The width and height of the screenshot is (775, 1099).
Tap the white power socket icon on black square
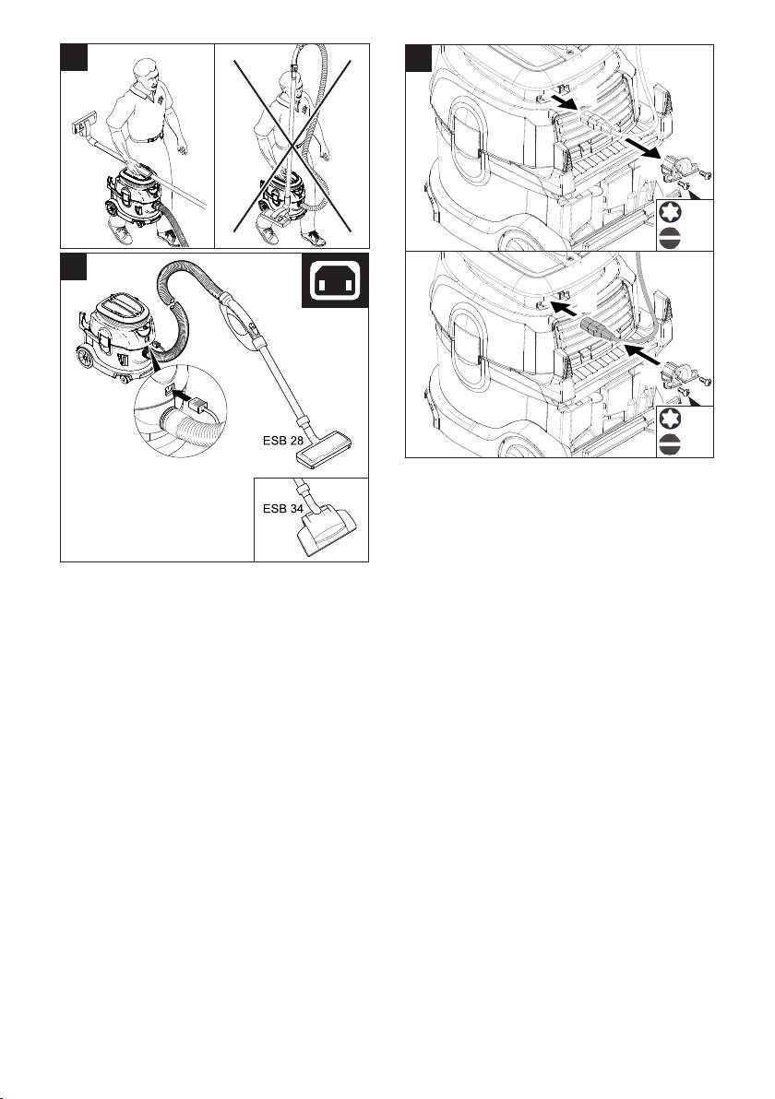coord(335,280)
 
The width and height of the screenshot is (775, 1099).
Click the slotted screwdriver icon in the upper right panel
coord(671,238)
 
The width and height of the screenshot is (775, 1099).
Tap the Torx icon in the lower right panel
coord(671,420)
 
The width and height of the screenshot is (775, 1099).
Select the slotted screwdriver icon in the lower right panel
coord(671,445)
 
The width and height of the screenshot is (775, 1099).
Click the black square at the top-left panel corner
coord(74,57)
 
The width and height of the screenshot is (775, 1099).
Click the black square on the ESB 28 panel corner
coord(74,266)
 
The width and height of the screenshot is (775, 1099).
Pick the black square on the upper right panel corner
coord(419,58)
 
